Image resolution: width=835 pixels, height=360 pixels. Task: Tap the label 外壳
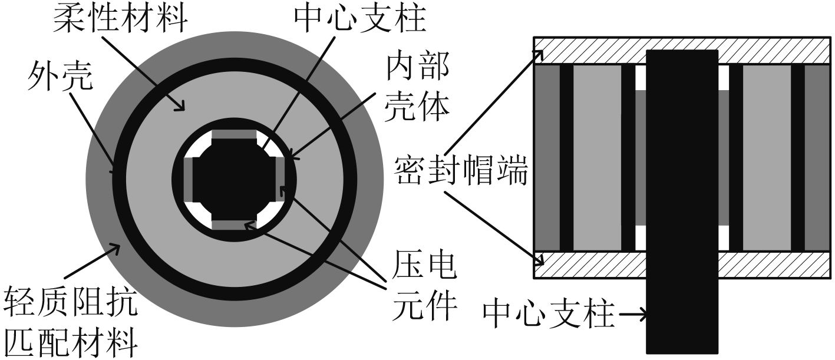(60, 77)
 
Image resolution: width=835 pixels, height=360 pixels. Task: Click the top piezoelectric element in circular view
(235, 135)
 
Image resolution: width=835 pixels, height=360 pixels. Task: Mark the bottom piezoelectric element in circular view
(235, 224)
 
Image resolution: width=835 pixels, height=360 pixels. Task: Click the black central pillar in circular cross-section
(235, 180)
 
